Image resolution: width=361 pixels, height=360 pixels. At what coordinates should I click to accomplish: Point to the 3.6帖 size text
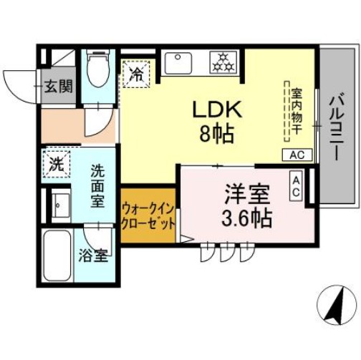point(246,217)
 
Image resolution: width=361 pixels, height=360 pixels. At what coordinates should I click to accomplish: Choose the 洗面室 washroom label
point(98,185)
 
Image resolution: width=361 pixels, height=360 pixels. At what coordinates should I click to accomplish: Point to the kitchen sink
point(179,63)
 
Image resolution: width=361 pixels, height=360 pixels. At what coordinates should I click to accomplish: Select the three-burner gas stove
point(223,62)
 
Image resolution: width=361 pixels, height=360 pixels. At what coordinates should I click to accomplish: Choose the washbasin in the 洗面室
point(58,205)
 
